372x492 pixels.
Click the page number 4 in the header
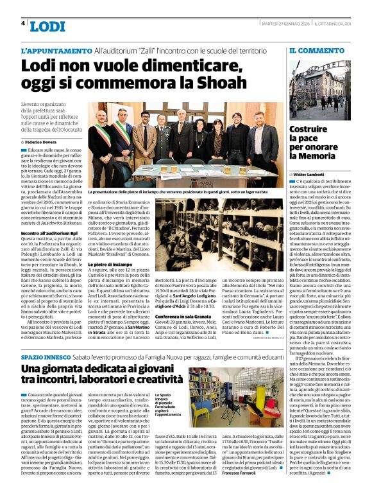click(x=23, y=23)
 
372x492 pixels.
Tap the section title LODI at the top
click(x=47, y=26)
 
